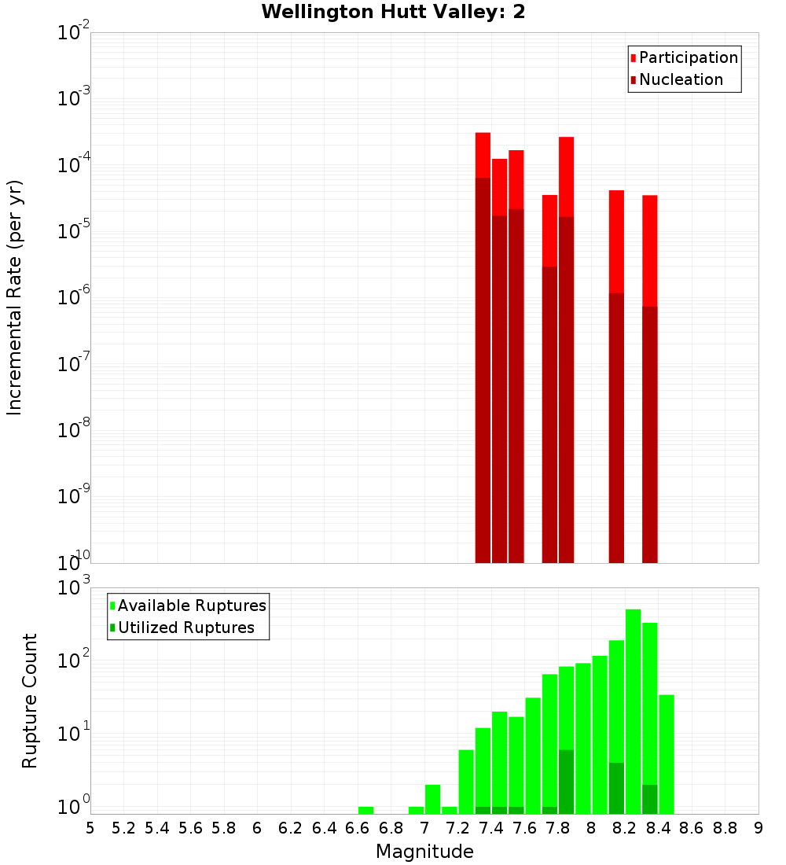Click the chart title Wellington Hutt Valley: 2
(x=393, y=12)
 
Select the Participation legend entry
(x=689, y=57)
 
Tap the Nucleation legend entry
(x=681, y=79)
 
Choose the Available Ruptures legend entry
(x=192, y=605)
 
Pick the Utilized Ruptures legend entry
(x=185, y=628)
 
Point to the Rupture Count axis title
(x=29, y=701)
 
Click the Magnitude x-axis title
(x=424, y=852)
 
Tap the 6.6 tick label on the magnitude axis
(x=357, y=828)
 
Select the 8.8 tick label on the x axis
(x=725, y=828)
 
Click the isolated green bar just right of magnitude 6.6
(x=365, y=810)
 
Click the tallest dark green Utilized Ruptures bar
(x=566, y=782)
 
